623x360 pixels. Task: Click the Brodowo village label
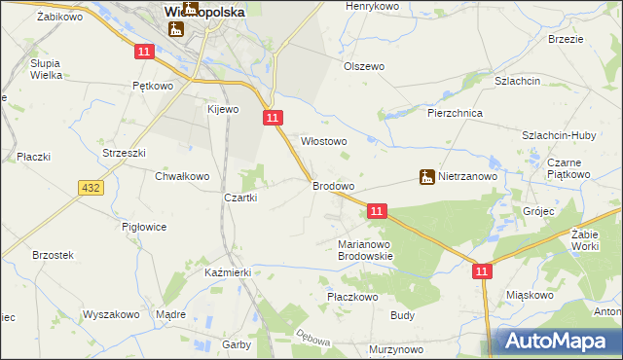coord(332,185)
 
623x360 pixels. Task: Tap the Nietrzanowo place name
coord(467,177)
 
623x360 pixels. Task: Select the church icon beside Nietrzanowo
coord(426,177)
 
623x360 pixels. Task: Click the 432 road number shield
coord(92,186)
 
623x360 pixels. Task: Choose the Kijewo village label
coord(222,109)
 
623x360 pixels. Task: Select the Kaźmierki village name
coord(228,273)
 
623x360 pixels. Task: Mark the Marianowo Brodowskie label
coord(364,250)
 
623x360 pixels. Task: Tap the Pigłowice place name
coord(144,227)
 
